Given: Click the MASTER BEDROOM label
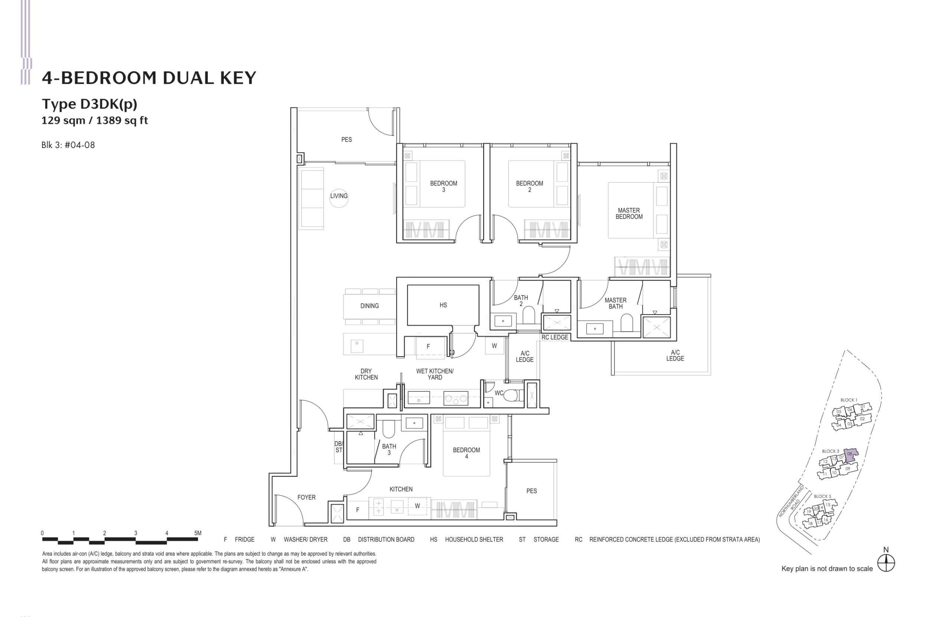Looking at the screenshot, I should pyautogui.click(x=629, y=213).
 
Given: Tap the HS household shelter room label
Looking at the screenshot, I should pyautogui.click(x=443, y=305).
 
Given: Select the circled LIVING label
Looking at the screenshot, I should pyautogui.click(x=338, y=196).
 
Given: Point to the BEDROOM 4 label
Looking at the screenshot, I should pyautogui.click(x=466, y=453).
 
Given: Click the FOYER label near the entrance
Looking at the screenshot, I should pyautogui.click(x=306, y=497).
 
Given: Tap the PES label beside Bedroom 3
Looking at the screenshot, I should pyautogui.click(x=347, y=140).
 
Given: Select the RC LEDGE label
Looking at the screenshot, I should pyautogui.click(x=554, y=337).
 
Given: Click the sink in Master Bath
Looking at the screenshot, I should pyautogui.click(x=595, y=329).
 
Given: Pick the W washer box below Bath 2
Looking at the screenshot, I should pyautogui.click(x=494, y=346).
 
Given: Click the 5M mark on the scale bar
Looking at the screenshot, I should pyautogui.click(x=197, y=533).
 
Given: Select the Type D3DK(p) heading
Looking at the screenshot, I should pyautogui.click(x=89, y=104).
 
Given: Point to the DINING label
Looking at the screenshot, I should pyautogui.click(x=369, y=306).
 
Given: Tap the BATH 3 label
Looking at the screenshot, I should pyautogui.click(x=389, y=449).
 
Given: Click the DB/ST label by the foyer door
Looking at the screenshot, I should pyautogui.click(x=338, y=447).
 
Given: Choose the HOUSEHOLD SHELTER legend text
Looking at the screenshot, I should pyautogui.click(x=474, y=539).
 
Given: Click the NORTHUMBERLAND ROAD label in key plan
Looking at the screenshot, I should pyautogui.click(x=792, y=502).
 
